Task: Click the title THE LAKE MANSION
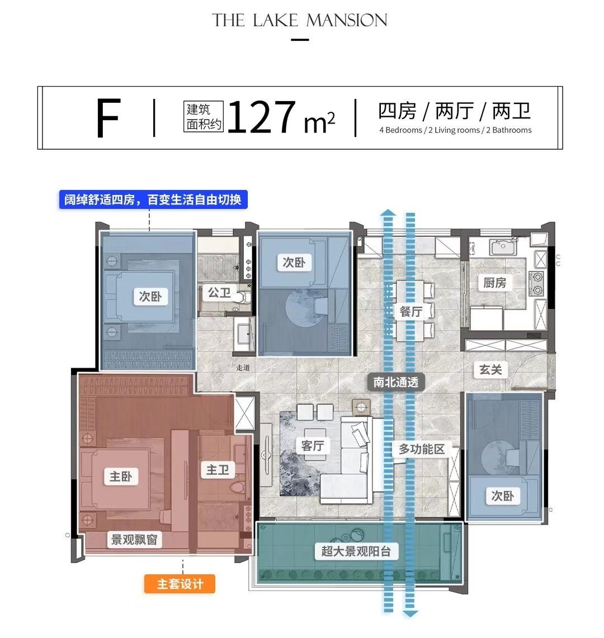click(x=300, y=21)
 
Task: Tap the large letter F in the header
click(x=108, y=118)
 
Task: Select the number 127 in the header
click(x=261, y=117)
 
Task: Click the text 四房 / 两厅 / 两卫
click(x=454, y=111)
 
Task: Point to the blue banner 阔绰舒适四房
click(x=153, y=199)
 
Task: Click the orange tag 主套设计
click(x=180, y=584)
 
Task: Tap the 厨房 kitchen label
click(x=494, y=283)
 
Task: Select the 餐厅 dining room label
click(x=411, y=311)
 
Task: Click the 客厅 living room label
click(x=312, y=445)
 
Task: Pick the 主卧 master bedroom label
click(x=120, y=477)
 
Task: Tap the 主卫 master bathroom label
click(x=218, y=470)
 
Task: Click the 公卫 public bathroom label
click(x=219, y=292)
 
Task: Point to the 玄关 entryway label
click(x=490, y=369)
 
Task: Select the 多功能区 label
click(x=422, y=449)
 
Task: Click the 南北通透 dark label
click(x=396, y=383)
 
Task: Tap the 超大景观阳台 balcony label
click(x=356, y=551)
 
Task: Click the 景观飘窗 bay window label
click(x=134, y=540)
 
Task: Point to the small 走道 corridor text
click(x=243, y=368)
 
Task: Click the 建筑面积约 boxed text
click(x=204, y=117)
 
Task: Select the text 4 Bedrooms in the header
click(x=400, y=130)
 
